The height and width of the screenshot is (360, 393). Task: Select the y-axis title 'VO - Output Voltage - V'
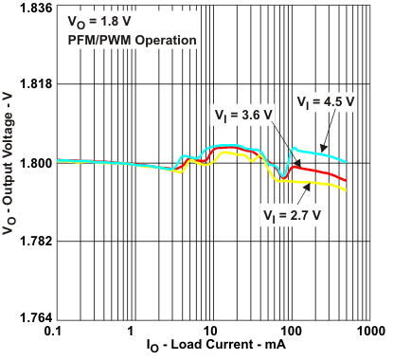click(10, 163)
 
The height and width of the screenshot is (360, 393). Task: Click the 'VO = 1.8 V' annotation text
click(99, 20)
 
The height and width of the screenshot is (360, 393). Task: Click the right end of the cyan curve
click(347, 162)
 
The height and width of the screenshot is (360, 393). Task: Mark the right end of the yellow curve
click(347, 190)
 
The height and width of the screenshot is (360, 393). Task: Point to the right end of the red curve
click(347, 180)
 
